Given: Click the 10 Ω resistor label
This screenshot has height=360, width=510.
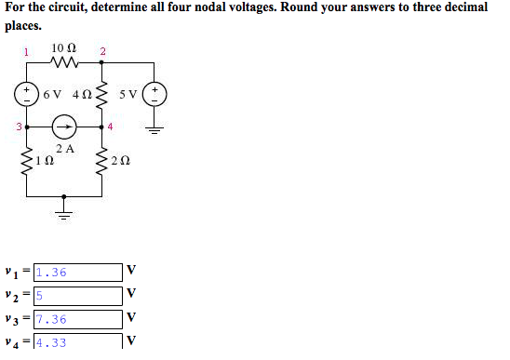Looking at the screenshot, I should point(64,47).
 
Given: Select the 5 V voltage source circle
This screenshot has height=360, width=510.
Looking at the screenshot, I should point(156,94).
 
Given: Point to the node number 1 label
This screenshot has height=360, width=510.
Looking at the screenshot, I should point(27,51).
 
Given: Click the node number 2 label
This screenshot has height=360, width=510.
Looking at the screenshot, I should point(102,51).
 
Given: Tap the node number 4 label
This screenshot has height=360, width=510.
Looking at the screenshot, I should point(110,126).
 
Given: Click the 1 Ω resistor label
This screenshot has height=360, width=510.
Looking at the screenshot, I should point(44,161).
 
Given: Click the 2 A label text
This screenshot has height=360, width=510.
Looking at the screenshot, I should point(64,148).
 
